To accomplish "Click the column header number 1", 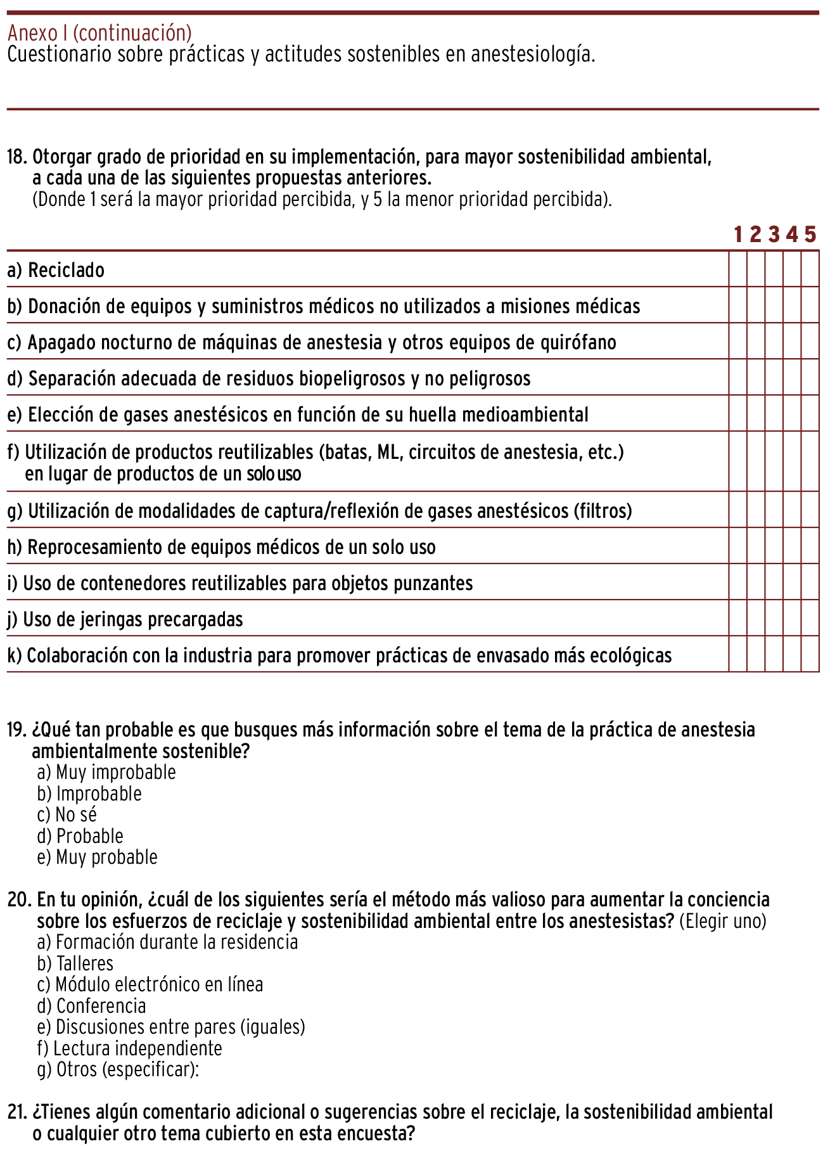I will (738, 235).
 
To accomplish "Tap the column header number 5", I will (810, 235).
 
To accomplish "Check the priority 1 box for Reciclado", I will (738, 269).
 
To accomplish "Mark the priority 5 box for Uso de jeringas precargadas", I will (810, 618).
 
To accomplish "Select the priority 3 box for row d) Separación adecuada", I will (774, 378).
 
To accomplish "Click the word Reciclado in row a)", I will (67, 271).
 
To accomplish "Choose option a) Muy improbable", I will (106, 773).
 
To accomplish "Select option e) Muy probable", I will (98, 858).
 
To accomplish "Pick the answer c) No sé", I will (67, 815).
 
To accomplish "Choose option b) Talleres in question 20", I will (75, 964).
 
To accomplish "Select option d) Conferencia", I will (92, 1006).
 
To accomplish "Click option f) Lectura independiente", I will (130, 1049).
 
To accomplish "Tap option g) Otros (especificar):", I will (118, 1070).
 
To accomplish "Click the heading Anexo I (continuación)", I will (99, 32).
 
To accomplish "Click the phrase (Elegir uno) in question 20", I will (723, 922).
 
